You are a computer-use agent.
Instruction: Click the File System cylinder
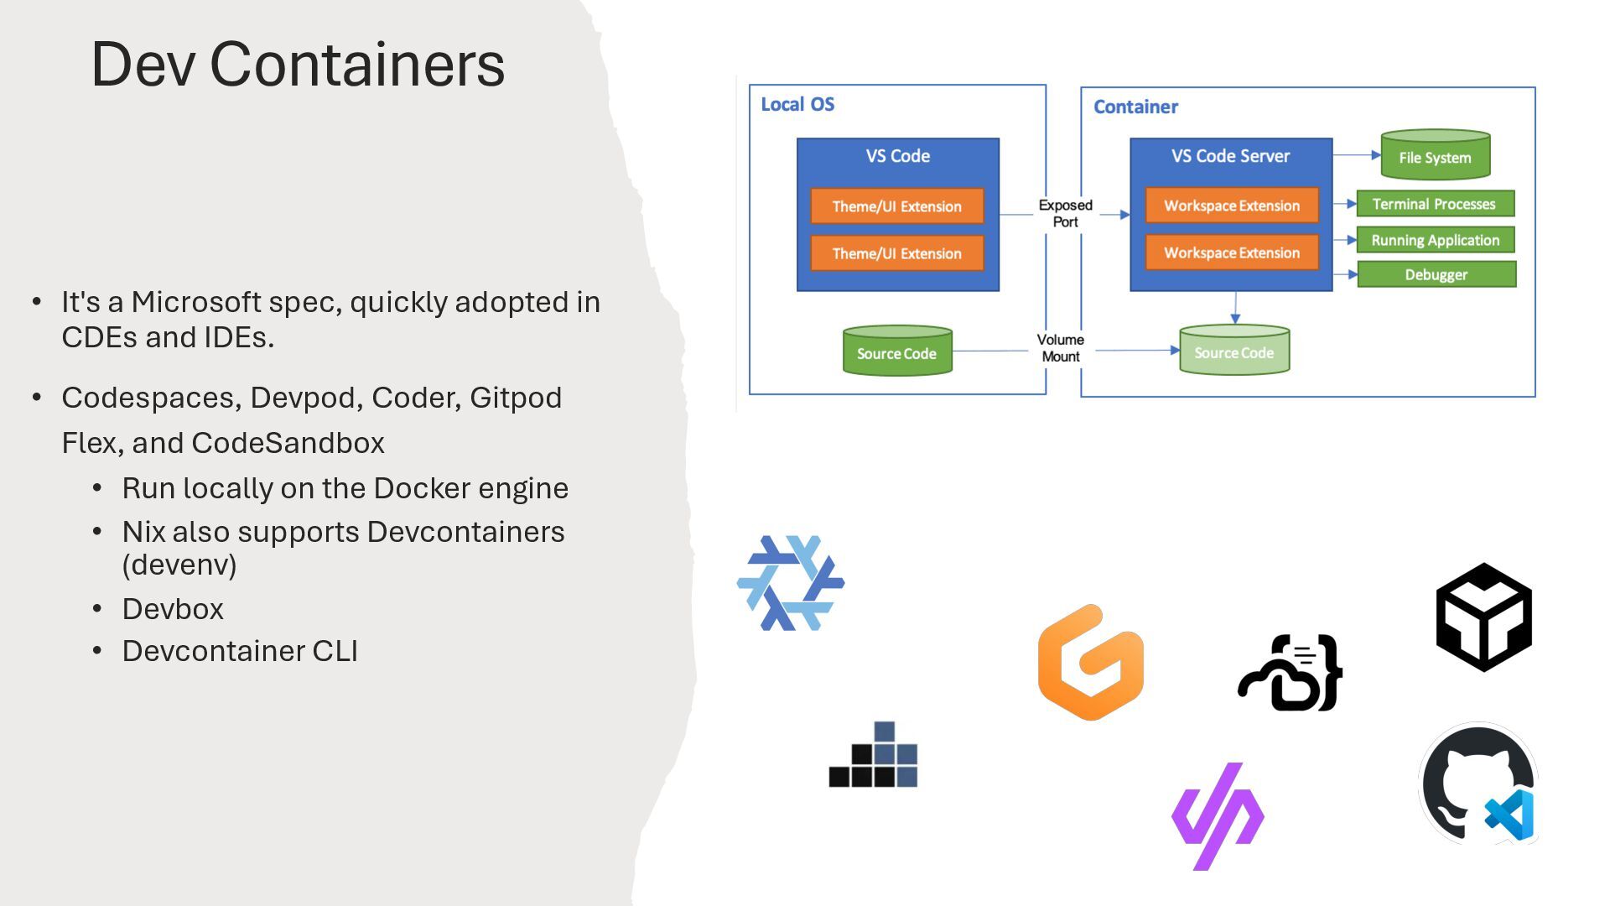(x=1435, y=155)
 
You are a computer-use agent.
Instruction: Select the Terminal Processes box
(x=1435, y=204)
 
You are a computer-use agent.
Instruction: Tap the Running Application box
(x=1435, y=240)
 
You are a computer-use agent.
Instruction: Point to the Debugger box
(x=1436, y=274)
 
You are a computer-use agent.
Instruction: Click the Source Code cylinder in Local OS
(x=896, y=351)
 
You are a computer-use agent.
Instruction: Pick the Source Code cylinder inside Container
(x=1233, y=351)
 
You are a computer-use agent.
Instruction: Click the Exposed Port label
(x=1065, y=213)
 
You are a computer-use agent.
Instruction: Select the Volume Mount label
(x=1060, y=348)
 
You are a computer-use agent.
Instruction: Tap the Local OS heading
(x=797, y=104)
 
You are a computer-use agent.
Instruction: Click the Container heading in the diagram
(x=1135, y=107)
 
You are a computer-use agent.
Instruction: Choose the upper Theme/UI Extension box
(x=896, y=206)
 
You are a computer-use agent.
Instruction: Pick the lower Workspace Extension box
(x=1231, y=253)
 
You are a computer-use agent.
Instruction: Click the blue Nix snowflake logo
(x=790, y=583)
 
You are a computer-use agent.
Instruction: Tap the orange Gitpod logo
(x=1090, y=662)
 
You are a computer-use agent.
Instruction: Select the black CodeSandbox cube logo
(x=1483, y=617)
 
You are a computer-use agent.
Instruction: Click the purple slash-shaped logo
(x=1218, y=815)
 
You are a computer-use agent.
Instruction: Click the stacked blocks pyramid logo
(x=873, y=755)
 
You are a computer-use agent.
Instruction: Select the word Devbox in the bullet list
(x=173, y=609)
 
